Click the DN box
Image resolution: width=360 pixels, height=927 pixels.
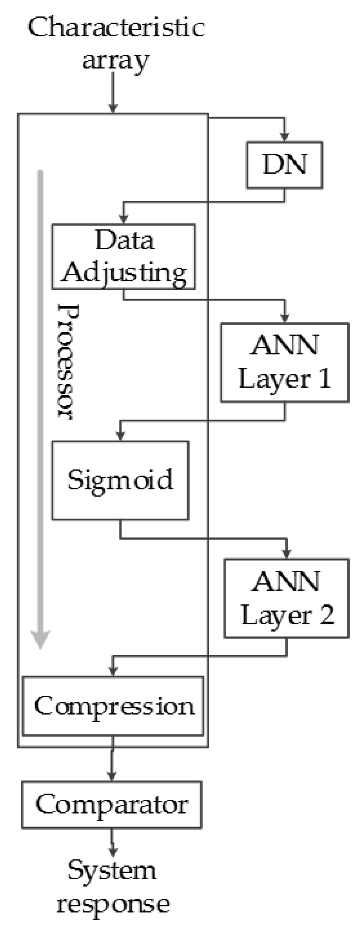pos(284,165)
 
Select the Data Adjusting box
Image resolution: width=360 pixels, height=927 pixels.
pos(123,256)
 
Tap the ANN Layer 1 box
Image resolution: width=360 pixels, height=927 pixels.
pos(284,362)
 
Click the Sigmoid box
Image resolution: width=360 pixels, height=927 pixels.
pos(120,481)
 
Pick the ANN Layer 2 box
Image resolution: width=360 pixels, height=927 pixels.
pos(286,598)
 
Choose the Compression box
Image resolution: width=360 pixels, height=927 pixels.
pos(113,706)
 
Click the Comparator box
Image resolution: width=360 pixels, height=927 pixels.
pos(112,805)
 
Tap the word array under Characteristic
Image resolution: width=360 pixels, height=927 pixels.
pos(115,60)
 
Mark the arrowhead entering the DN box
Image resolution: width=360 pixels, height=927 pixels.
pos(284,137)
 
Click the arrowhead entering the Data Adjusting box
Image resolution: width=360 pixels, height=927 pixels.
pos(123,219)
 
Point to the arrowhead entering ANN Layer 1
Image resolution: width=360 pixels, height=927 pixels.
pos(285,318)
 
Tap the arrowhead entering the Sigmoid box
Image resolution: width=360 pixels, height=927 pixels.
pos(120,436)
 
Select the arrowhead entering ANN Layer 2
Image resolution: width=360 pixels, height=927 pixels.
pos(286,554)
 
